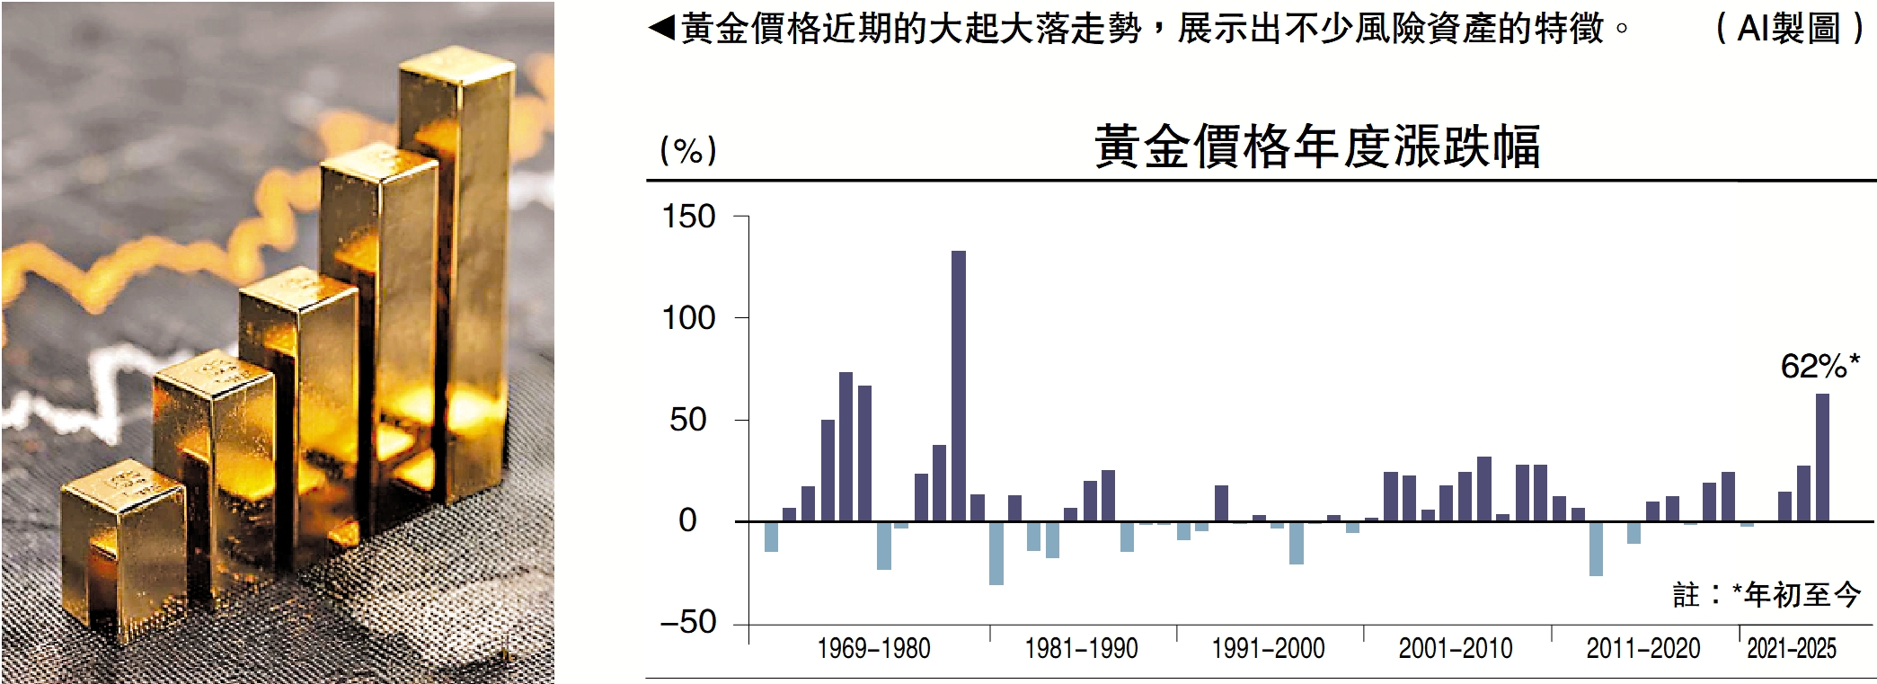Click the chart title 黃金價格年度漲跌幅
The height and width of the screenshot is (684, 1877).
(1316, 147)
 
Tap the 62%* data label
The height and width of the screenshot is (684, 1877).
(1819, 367)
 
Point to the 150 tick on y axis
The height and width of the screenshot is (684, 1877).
(688, 217)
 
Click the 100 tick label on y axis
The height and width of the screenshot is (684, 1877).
(688, 318)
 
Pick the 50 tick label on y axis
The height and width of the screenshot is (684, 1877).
(688, 420)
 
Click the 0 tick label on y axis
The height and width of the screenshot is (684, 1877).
(688, 520)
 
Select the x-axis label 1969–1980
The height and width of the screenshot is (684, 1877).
(873, 648)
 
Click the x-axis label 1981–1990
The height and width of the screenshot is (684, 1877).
(1081, 648)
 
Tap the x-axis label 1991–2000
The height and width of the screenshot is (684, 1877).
(1268, 648)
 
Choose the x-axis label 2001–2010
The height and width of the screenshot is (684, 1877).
(1456, 648)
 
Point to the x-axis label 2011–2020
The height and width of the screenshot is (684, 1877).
(1643, 648)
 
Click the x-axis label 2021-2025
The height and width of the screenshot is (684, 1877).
(1792, 648)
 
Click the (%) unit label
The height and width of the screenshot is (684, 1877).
(688, 150)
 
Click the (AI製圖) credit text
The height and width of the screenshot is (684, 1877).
(1790, 29)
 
